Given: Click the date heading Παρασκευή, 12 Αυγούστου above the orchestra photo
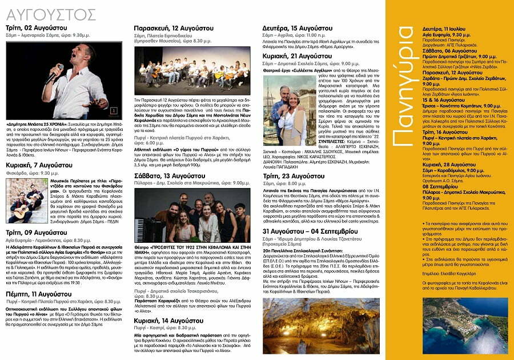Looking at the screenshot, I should tap(168, 27).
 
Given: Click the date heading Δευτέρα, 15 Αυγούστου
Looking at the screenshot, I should tap(295, 27).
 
